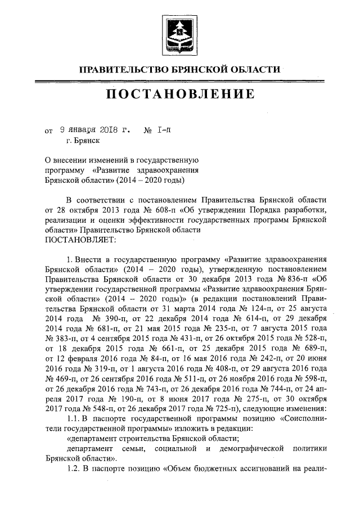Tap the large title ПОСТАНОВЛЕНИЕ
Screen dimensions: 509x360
click(180, 93)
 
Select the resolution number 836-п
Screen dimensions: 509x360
click(294, 280)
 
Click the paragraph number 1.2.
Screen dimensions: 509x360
click(74, 472)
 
